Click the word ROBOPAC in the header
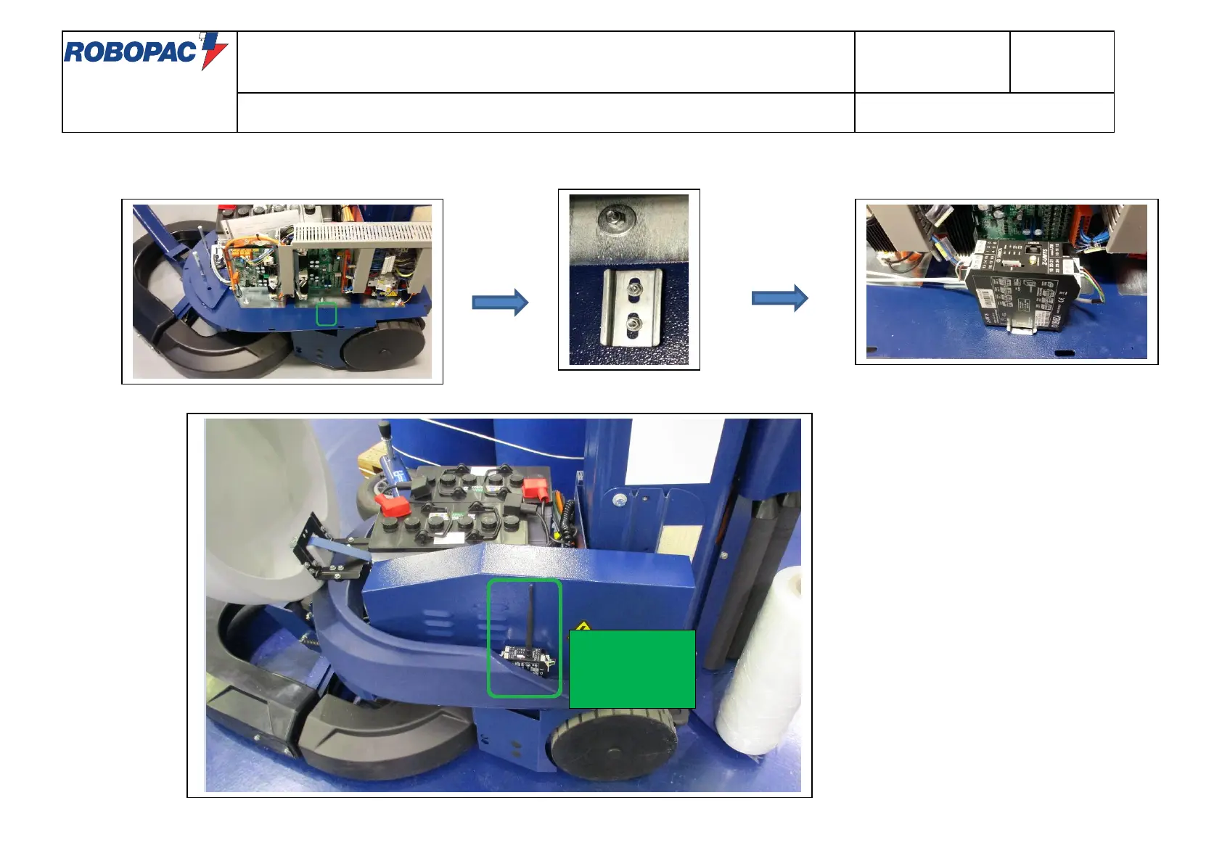coord(131,52)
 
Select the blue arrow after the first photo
coord(500,302)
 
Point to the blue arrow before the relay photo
coord(779,298)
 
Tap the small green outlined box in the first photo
coord(327,314)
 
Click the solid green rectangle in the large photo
coord(632,669)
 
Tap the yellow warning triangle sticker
coord(581,626)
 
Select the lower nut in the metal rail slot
coord(633,321)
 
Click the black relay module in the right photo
coord(1020,287)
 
